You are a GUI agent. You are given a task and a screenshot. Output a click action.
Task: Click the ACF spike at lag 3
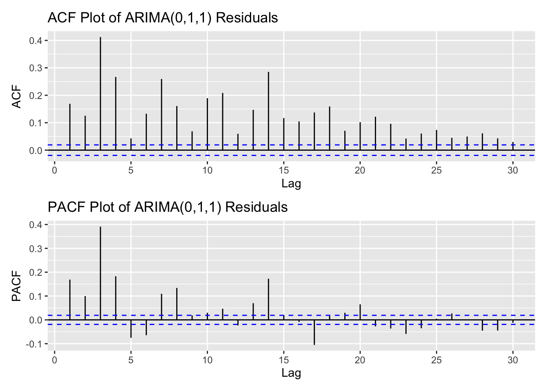(x=100, y=94)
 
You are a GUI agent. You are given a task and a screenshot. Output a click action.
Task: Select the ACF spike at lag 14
(x=268, y=111)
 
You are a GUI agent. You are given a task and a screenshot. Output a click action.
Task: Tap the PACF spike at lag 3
(x=100, y=273)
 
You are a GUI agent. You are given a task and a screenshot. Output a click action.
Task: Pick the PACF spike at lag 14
(x=268, y=299)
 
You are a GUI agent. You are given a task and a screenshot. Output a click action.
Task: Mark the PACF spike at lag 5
(x=131, y=329)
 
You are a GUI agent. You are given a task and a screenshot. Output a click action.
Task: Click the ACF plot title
(x=163, y=18)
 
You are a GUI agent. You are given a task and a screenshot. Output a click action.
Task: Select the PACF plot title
(x=168, y=207)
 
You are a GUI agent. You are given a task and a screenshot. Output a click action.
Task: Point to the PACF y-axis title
(x=16, y=287)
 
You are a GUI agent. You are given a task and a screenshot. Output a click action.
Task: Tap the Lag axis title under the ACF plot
(x=291, y=184)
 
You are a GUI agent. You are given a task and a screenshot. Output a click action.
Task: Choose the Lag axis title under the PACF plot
(x=291, y=373)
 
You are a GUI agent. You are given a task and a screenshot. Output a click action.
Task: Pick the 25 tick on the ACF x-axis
(x=436, y=170)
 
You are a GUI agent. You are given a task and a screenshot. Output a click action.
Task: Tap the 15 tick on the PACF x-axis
(x=284, y=360)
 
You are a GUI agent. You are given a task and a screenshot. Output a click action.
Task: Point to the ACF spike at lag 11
(x=223, y=122)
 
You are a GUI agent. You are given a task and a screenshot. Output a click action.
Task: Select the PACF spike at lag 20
(x=360, y=312)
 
